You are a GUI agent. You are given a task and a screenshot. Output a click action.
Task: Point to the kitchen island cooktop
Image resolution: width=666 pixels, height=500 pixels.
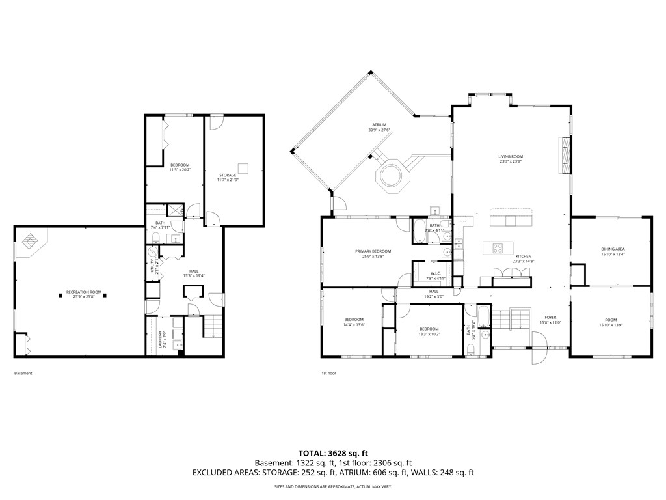click(x=498, y=248)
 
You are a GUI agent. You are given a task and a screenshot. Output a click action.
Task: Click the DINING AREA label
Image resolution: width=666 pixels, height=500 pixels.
click(x=612, y=251)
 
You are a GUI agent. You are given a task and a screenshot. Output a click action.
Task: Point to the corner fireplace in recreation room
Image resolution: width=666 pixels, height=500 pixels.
click(x=31, y=242)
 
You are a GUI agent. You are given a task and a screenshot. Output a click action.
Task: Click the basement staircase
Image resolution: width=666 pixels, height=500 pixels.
click(x=212, y=326)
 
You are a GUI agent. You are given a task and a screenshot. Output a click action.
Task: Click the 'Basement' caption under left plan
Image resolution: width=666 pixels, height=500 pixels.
click(x=23, y=374)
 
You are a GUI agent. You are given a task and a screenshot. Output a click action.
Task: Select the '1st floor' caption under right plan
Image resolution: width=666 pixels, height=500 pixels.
click(x=328, y=374)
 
